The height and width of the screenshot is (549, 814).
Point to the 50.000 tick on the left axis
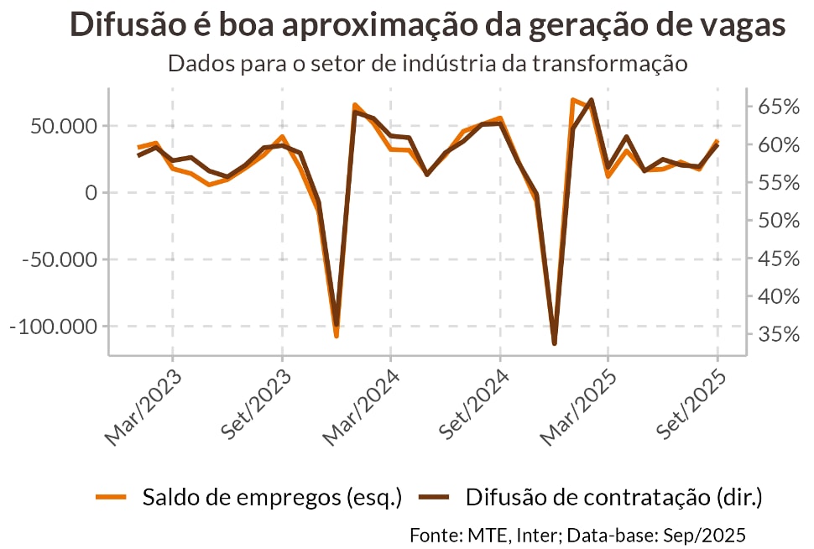tap(64, 126)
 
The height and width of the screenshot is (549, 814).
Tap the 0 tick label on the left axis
tap(90, 193)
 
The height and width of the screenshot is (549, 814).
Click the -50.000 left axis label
tap(60, 259)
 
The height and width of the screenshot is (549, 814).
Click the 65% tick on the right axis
tap(779, 107)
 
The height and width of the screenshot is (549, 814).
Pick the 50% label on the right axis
tap(779, 221)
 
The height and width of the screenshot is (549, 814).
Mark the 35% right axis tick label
tap(779, 335)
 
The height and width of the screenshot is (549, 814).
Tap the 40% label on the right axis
tap(779, 296)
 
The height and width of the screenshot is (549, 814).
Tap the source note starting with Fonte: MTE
tap(577, 535)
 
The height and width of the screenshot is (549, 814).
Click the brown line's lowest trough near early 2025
tap(554, 342)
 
